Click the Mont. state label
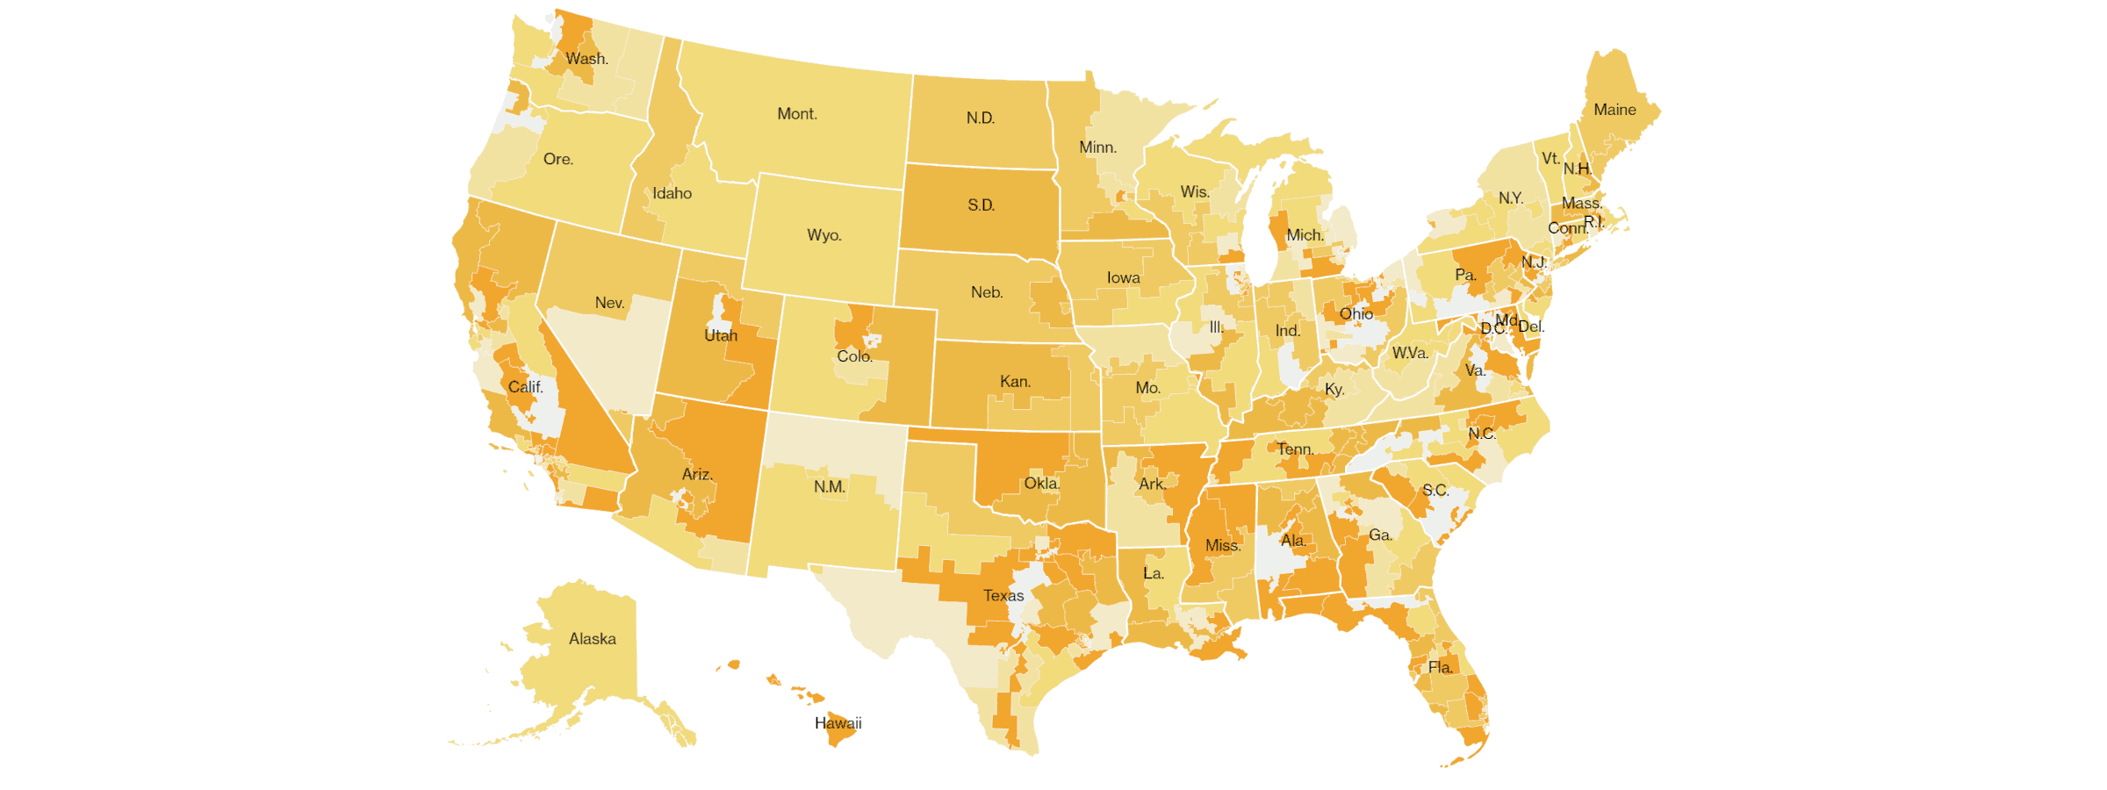pos(797,114)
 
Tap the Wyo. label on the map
pos(824,235)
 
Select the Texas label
pos(1003,596)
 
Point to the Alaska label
pos(593,639)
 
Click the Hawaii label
pos(838,723)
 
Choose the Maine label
pos(1615,110)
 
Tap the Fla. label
pos(1441,668)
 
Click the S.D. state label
pos(982,205)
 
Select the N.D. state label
pos(981,118)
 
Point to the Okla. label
pos(1042,484)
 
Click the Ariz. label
pos(698,475)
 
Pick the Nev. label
pos(610,303)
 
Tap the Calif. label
pos(526,387)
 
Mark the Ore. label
pos(558,160)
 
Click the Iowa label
pos(1124,278)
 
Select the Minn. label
pos(1098,147)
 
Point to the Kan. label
pos(1016,382)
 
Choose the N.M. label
pos(830,487)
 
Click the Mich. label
pos(1305,235)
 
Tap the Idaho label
pos(672,194)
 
